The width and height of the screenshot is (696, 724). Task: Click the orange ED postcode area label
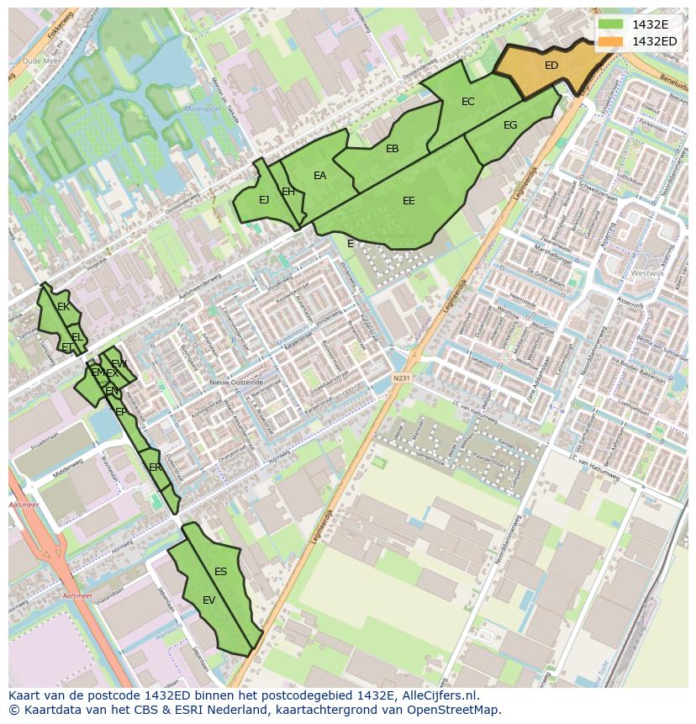pos(551,66)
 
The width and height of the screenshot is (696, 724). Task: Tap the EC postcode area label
pos(468,102)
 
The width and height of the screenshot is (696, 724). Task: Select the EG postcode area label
pos(510,125)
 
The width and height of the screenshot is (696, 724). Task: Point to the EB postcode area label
pos(392,149)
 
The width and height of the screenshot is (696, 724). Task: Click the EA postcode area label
pos(319,176)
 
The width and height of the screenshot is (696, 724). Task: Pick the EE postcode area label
pos(409,201)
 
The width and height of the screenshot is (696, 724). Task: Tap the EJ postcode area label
pos(264,200)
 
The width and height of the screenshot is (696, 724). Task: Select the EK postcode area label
pos(63,307)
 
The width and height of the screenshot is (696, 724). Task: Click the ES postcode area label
pos(220,572)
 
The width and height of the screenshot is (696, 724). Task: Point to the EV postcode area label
pos(209,600)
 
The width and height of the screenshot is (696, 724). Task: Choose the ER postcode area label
pos(155,468)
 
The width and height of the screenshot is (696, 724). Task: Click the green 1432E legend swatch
pos(611,24)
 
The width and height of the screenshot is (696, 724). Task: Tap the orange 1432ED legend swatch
pos(611,41)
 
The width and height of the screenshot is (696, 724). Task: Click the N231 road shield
pos(401,378)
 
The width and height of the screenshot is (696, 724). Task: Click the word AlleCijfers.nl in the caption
pos(437,695)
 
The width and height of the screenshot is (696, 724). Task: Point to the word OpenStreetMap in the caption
pos(455,710)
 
